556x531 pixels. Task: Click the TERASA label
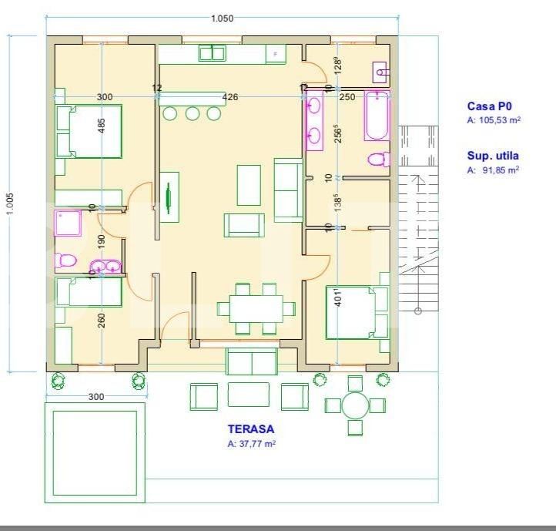click(x=250, y=428)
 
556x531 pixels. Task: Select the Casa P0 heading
click(x=489, y=107)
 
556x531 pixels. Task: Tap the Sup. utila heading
click(x=493, y=156)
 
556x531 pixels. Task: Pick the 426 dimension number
click(x=229, y=97)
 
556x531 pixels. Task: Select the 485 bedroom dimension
click(x=102, y=126)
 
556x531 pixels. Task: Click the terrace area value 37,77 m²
click(x=252, y=444)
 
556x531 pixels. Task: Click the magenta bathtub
click(x=377, y=116)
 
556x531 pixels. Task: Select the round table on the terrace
click(x=355, y=405)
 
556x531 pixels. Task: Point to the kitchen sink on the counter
click(x=211, y=52)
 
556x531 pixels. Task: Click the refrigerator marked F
click(x=276, y=53)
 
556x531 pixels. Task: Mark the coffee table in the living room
click(x=248, y=185)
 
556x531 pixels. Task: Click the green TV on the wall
click(x=169, y=197)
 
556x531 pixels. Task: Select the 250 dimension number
click(x=347, y=97)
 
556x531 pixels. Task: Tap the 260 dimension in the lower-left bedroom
click(x=102, y=320)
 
